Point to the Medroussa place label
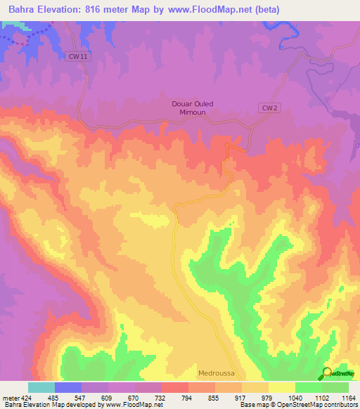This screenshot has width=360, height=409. (216, 374)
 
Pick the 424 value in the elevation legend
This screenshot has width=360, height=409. (25, 398)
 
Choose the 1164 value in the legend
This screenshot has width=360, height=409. (349, 398)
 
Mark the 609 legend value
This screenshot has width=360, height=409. (107, 398)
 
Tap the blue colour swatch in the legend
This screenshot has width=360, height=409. (67, 387)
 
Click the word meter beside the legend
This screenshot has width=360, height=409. (9, 398)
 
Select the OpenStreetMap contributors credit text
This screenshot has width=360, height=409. (310, 405)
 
